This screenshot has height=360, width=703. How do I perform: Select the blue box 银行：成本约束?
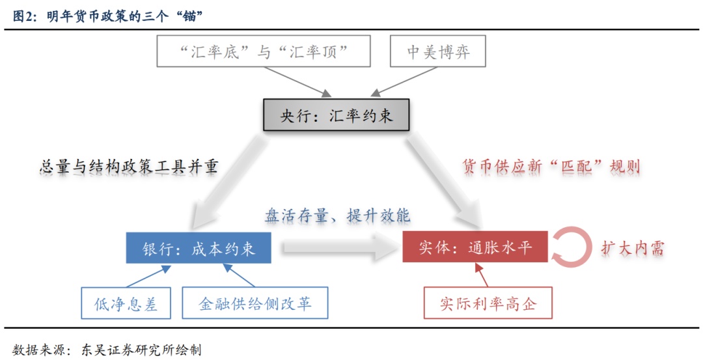[x=199, y=248]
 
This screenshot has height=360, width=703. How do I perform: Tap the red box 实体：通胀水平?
[x=475, y=248]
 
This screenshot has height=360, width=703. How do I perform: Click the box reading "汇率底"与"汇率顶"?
[x=263, y=52]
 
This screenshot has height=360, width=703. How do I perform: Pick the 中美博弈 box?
[x=438, y=52]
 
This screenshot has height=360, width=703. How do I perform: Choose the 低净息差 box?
[x=126, y=303]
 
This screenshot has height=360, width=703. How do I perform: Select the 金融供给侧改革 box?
[x=255, y=303]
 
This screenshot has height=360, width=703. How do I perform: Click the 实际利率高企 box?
[x=488, y=303]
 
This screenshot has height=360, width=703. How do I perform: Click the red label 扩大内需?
[x=633, y=248]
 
